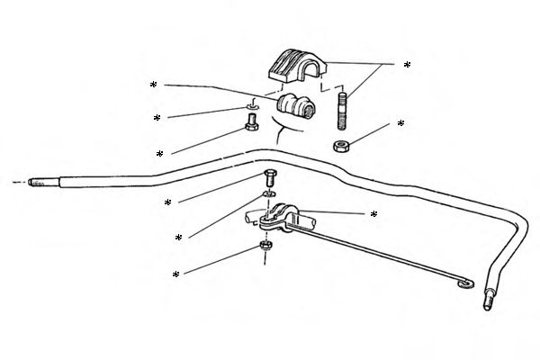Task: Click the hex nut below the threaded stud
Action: pyautogui.click(x=342, y=146)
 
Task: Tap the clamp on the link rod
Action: pyautogui.click(x=281, y=218)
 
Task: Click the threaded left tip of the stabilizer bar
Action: pyautogui.click(x=35, y=181)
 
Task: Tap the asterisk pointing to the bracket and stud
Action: pyautogui.click(x=407, y=66)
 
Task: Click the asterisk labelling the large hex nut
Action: pyautogui.click(x=400, y=123)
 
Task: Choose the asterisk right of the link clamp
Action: pyautogui.click(x=373, y=215)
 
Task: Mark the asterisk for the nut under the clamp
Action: pyautogui.click(x=176, y=274)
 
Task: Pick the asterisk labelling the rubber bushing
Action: pyautogui.click(x=154, y=85)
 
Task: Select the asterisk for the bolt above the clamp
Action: pyautogui.click(x=168, y=203)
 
